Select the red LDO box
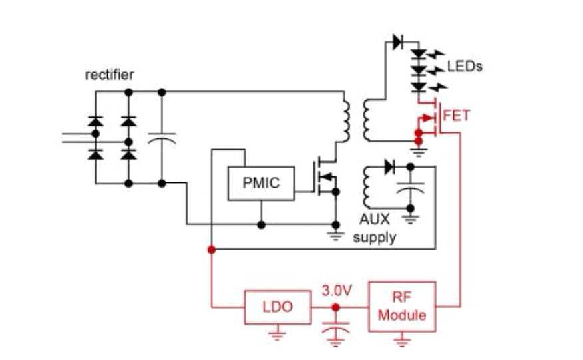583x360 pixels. (x=277, y=307)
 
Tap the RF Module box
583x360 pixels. (x=402, y=306)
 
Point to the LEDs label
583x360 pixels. (x=464, y=67)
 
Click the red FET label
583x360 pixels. (x=456, y=116)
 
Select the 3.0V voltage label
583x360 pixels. (x=336, y=291)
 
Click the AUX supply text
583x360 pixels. (x=374, y=228)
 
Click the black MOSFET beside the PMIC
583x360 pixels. (x=325, y=176)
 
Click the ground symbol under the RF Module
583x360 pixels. (x=402, y=341)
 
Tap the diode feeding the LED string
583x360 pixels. (x=398, y=41)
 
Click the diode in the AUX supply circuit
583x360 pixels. (x=389, y=166)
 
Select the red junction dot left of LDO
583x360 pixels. (x=211, y=250)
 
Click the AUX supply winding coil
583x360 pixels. (x=365, y=188)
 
